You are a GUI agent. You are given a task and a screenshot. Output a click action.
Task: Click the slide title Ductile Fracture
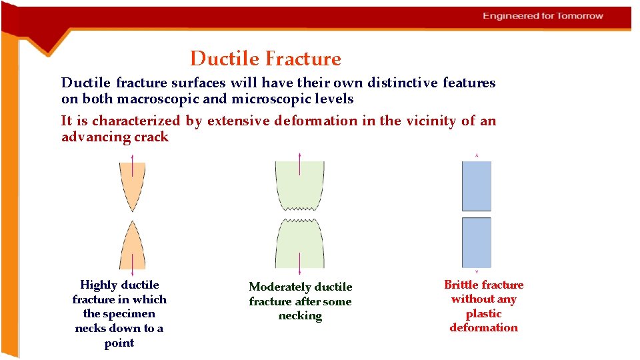click(x=265, y=59)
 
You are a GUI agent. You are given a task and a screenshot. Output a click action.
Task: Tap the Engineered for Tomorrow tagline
click(x=543, y=16)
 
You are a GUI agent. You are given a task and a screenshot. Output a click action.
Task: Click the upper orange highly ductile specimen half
click(x=132, y=182)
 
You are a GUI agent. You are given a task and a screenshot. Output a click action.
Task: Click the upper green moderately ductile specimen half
click(x=299, y=185)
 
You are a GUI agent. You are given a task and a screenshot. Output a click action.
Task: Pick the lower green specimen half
click(x=299, y=243)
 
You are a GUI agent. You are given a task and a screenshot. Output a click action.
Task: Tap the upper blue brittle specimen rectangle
click(x=476, y=186)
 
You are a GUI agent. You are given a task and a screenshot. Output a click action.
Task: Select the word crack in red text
click(x=151, y=137)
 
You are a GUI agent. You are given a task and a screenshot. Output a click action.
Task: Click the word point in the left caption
click(x=119, y=343)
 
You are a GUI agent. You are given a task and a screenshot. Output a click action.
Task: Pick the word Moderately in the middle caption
click(x=281, y=287)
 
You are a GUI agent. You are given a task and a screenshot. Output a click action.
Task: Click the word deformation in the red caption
click(x=483, y=328)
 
